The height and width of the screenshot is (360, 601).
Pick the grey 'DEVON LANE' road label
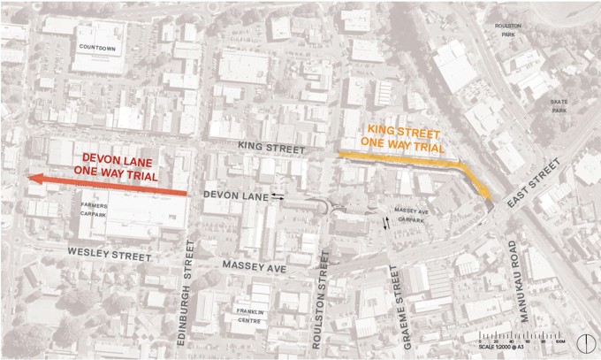235,194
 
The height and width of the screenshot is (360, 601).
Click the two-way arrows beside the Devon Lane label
278,195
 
